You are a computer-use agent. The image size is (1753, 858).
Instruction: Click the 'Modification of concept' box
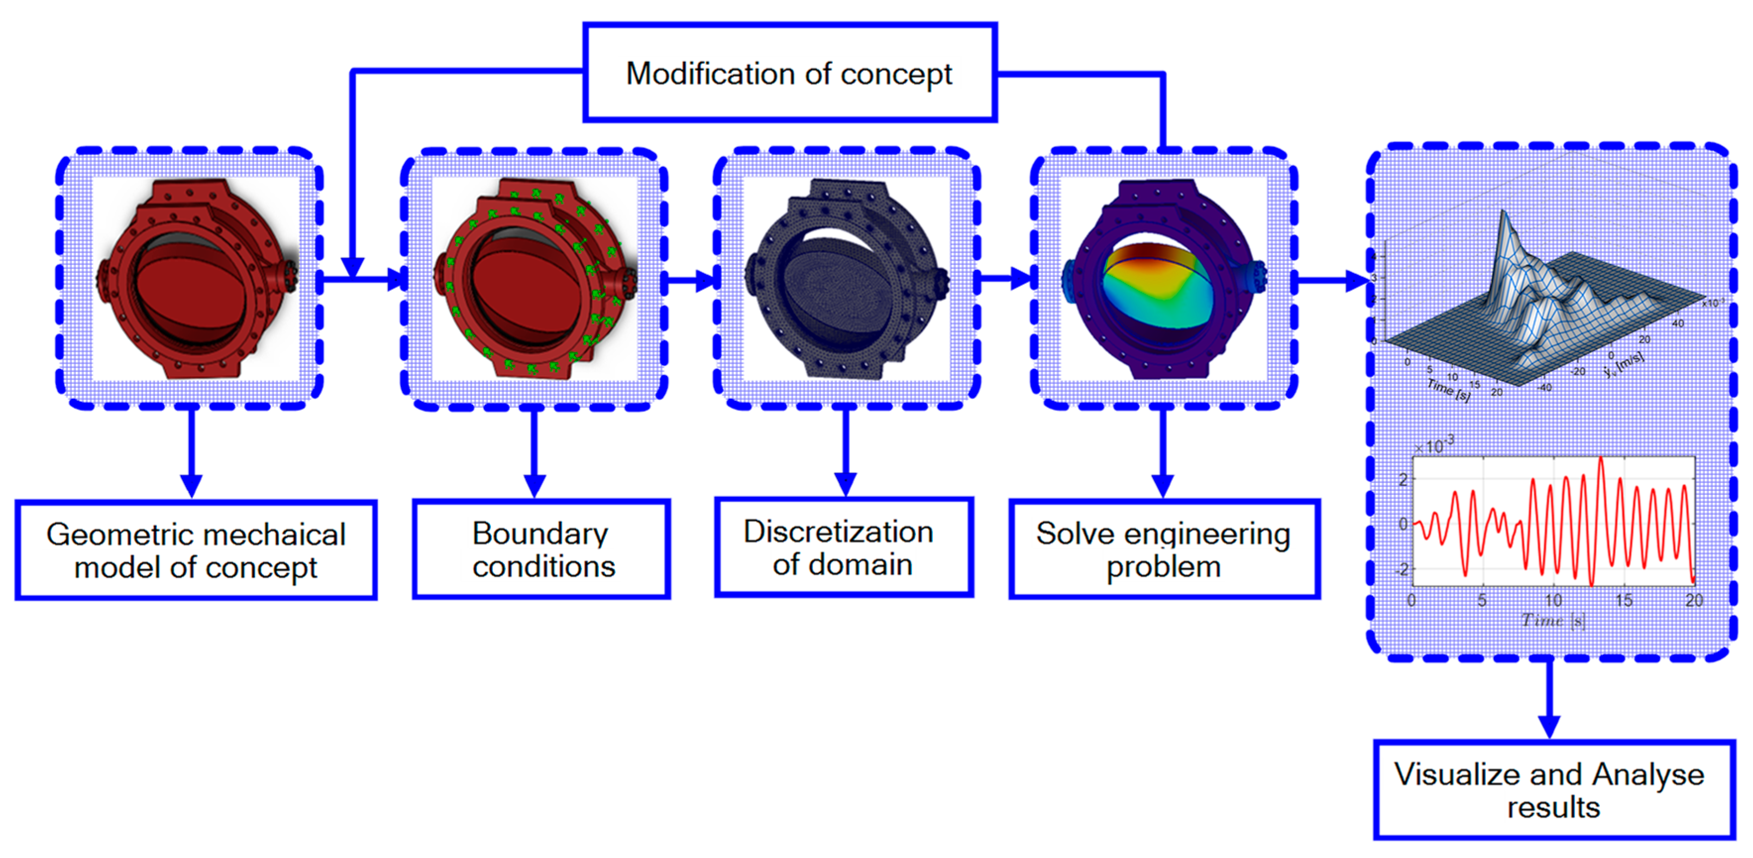pyautogui.click(x=790, y=73)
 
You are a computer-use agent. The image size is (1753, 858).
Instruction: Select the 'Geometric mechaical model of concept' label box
pyautogui.click(x=196, y=550)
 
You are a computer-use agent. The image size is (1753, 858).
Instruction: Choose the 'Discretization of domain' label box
pyautogui.click(x=844, y=548)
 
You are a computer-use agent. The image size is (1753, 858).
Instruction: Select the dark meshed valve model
pyautogui.click(x=846, y=279)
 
